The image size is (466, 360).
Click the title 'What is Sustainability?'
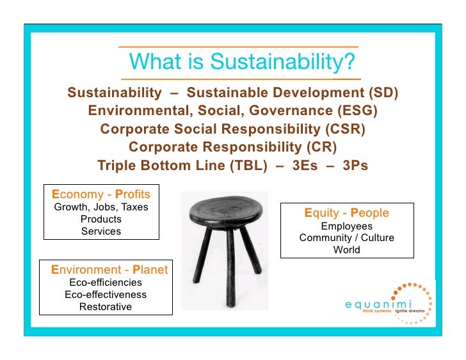click(x=242, y=62)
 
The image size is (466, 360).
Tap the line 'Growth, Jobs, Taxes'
click(x=101, y=207)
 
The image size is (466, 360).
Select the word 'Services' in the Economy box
click(x=101, y=231)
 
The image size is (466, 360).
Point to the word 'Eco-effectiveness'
click(x=106, y=295)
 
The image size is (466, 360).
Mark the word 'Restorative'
click(x=106, y=307)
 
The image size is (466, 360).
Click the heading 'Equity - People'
click(x=346, y=213)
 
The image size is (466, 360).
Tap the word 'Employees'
click(x=346, y=226)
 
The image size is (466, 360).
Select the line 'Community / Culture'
click(x=346, y=239)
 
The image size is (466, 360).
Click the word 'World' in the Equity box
click(x=346, y=250)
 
